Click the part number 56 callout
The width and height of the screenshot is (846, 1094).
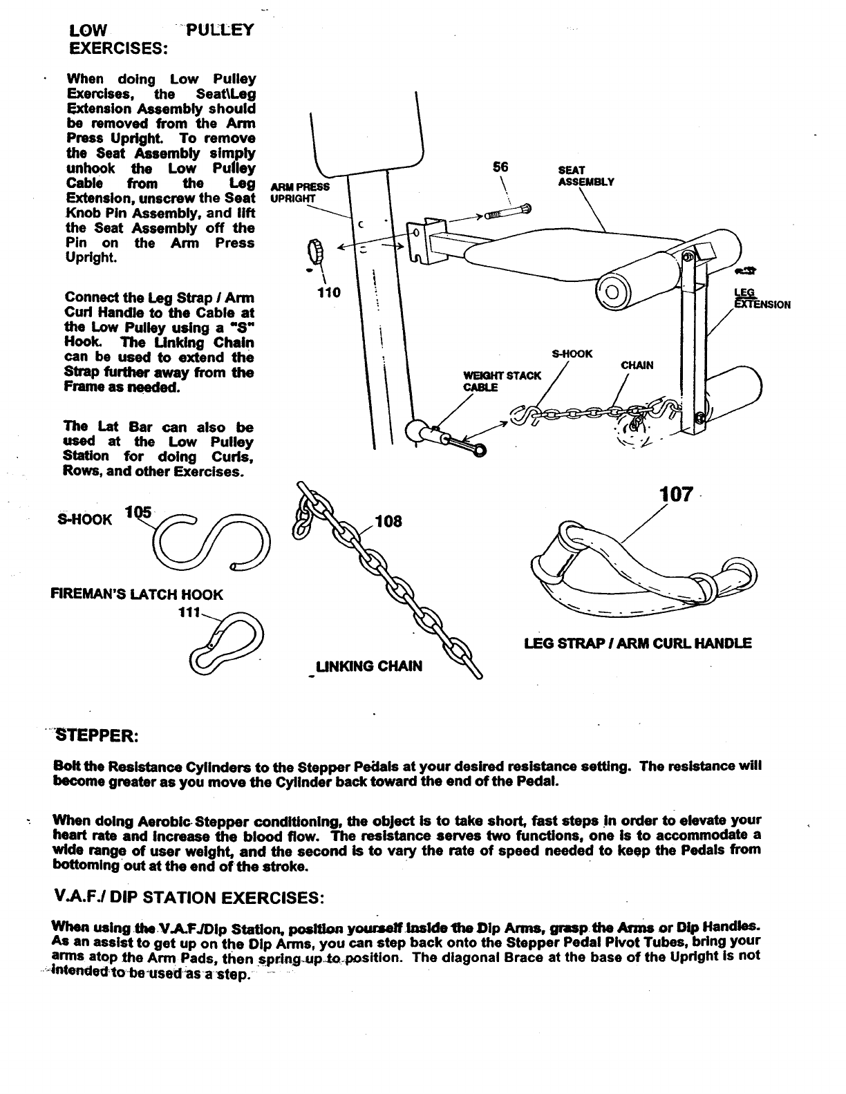pyautogui.click(x=500, y=167)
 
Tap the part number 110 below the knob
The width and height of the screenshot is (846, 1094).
pyautogui.click(x=328, y=292)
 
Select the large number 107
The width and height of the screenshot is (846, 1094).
pyautogui.click(x=676, y=494)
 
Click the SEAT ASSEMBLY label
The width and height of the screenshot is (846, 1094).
pyautogui.click(x=585, y=176)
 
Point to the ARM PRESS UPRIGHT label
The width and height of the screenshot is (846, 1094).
pyautogui.click(x=300, y=192)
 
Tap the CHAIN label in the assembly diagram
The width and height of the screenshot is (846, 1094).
pyautogui.click(x=637, y=365)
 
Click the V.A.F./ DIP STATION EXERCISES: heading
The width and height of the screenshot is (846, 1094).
pyautogui.click(x=188, y=898)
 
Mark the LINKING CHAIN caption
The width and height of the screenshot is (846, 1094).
pyautogui.click(x=368, y=666)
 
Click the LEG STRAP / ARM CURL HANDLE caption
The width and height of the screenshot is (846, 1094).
pyautogui.click(x=638, y=643)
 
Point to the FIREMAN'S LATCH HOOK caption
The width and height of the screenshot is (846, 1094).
pyautogui.click(x=137, y=594)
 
